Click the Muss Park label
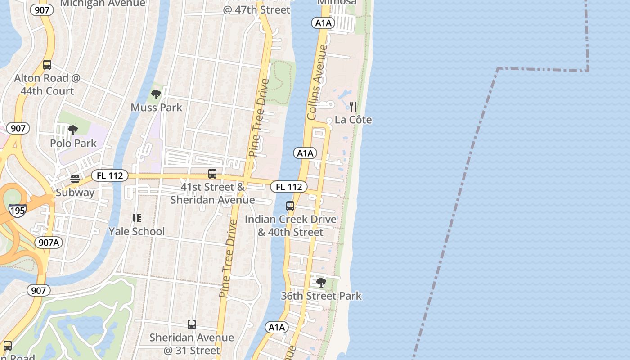157,108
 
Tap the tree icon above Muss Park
156,94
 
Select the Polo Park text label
73,143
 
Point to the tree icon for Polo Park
72,130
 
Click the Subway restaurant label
75,193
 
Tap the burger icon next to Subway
75,179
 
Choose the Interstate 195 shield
17,210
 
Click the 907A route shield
49,243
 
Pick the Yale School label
137,231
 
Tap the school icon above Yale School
137,218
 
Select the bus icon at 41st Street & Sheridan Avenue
212,174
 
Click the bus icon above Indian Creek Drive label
290,206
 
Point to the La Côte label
353,120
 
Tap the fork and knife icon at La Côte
353,107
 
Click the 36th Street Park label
321,296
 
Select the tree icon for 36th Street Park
321,283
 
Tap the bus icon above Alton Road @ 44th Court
47,65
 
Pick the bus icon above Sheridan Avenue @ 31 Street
192,324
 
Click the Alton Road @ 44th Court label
47,85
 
